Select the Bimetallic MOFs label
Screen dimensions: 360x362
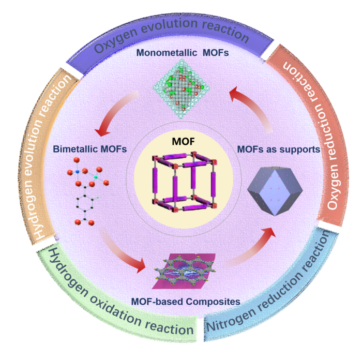point(90,149)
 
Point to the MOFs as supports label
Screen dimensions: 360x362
point(279,149)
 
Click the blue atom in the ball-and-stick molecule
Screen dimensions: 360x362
point(78,171)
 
